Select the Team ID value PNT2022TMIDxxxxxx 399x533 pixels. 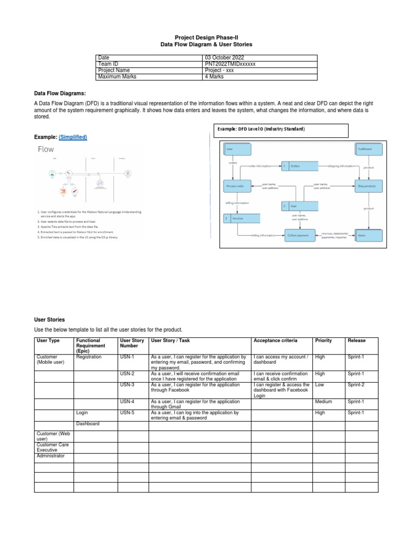[231, 64]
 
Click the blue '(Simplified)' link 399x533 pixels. [73, 137]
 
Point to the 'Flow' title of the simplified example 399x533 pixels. [46, 149]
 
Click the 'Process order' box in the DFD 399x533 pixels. [237, 185]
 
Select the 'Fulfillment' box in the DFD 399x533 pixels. [369, 149]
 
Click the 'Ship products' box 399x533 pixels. [369, 185]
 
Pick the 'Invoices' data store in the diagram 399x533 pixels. [237, 219]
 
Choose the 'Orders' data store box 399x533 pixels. [299, 167]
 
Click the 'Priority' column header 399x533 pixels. [323, 340]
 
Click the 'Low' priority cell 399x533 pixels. [320, 385]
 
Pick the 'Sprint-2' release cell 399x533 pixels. [357, 385]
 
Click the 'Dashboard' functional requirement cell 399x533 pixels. [87, 424]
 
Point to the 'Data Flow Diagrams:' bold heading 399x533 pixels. [60, 93]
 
